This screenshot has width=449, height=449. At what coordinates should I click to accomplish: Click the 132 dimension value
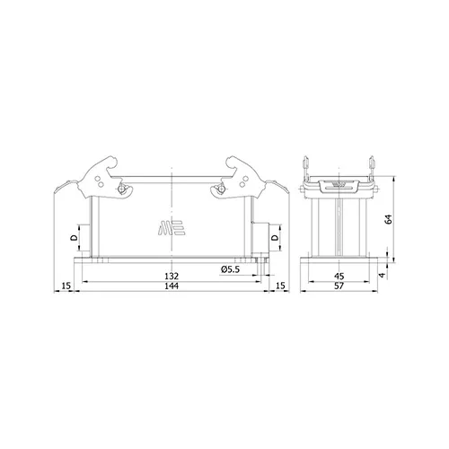pyautogui.click(x=172, y=276)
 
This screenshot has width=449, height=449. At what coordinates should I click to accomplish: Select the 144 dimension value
pyautogui.click(x=172, y=286)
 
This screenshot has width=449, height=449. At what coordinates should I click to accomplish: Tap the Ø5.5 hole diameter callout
pyautogui.click(x=231, y=269)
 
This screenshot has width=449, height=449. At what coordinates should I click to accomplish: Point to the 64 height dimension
pyautogui.click(x=389, y=219)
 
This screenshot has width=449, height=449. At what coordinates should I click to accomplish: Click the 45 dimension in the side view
pyautogui.click(x=339, y=276)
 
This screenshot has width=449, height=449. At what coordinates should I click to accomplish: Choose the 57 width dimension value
pyautogui.click(x=339, y=286)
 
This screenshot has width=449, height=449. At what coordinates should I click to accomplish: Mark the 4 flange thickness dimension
pyautogui.click(x=382, y=275)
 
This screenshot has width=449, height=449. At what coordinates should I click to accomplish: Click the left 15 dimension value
pyautogui.click(x=66, y=286)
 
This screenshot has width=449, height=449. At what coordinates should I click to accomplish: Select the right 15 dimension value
pyautogui.click(x=280, y=286)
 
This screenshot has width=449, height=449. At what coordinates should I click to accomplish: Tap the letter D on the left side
pyautogui.click(x=74, y=238)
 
